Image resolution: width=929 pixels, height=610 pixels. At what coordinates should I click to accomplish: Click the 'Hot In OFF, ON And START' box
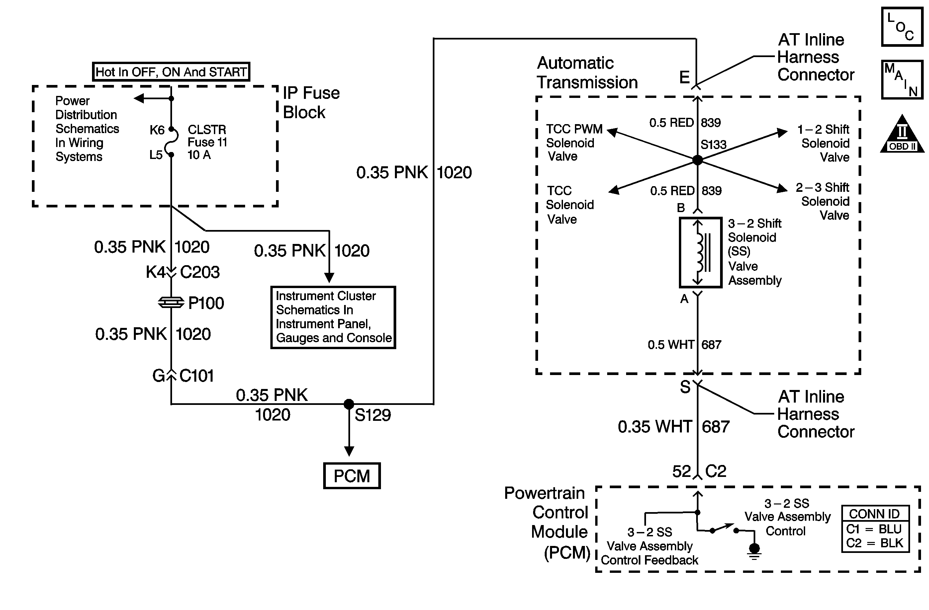tap(171, 72)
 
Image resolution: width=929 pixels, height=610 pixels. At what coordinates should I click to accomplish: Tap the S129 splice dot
tap(349, 404)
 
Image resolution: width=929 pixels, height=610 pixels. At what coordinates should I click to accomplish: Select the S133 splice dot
tap(697, 160)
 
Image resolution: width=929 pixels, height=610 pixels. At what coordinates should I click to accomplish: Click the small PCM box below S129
tap(352, 476)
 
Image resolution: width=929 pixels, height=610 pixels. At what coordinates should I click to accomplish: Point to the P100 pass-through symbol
tap(171, 303)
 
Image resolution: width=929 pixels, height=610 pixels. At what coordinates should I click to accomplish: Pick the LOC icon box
tap(902, 27)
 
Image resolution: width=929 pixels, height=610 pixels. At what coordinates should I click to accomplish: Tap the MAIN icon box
tap(902, 80)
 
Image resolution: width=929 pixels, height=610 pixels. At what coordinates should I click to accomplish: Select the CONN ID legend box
tap(875, 529)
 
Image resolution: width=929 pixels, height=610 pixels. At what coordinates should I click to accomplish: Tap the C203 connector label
tap(200, 272)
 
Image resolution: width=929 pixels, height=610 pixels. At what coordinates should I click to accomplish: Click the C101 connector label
tap(196, 376)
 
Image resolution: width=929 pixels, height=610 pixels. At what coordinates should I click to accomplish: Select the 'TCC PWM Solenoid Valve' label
tap(574, 143)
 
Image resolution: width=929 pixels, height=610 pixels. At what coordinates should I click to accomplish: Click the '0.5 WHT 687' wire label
tap(685, 345)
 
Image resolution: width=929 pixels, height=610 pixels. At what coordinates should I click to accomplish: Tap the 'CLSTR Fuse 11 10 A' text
tap(207, 142)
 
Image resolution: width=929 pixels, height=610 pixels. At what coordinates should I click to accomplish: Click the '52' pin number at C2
tap(682, 472)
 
